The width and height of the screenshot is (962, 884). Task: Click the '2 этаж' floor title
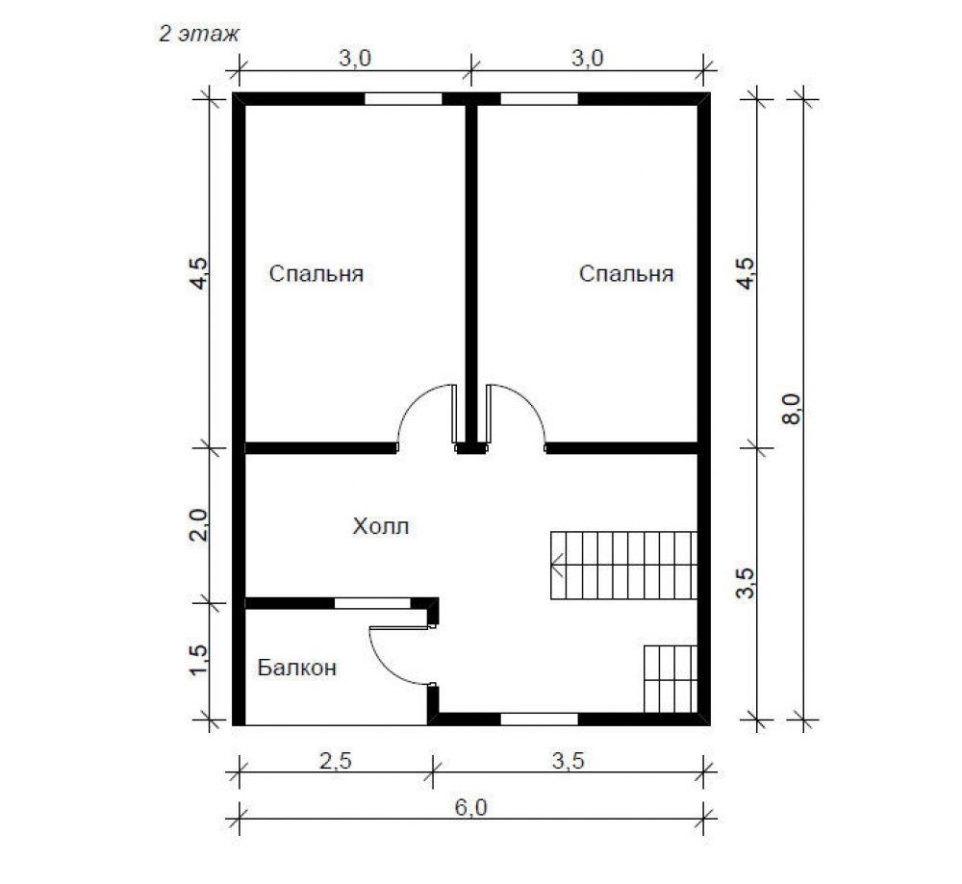click(199, 33)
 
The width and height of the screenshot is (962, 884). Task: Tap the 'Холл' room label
click(380, 526)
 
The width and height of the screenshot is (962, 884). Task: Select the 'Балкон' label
click(297, 668)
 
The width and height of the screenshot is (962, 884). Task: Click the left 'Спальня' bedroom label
click(316, 273)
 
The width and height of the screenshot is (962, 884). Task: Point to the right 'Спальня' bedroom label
click(626, 273)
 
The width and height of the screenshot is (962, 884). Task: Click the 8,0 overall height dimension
click(792, 409)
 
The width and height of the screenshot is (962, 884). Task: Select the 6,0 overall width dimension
click(470, 807)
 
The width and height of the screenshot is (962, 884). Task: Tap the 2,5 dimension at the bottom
click(336, 761)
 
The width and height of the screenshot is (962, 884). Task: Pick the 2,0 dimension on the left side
click(199, 525)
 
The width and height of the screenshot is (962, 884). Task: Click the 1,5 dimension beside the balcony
click(199, 661)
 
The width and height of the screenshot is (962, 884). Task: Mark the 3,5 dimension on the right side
click(747, 584)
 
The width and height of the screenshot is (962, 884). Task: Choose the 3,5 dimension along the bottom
click(569, 761)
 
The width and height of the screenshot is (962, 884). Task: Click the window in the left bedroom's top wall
click(403, 99)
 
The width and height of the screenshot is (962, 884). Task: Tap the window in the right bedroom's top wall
click(540, 99)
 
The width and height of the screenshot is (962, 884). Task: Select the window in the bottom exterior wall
click(540, 719)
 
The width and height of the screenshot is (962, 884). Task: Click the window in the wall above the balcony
click(372, 603)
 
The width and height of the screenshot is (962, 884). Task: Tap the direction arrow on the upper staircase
click(557, 565)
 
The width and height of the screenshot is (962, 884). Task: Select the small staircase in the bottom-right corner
click(671, 679)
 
